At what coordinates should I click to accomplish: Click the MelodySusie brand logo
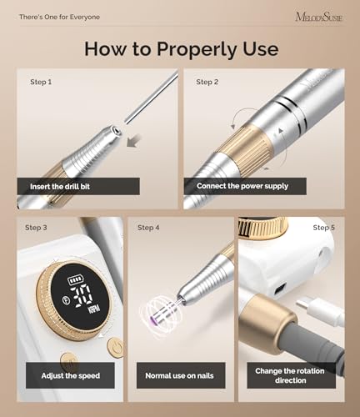pyautogui.click(x=319, y=17)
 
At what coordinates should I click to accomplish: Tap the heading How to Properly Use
pyautogui.click(x=182, y=49)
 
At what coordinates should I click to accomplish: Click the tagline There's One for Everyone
pyautogui.click(x=59, y=17)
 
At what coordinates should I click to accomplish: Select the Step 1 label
pyautogui.click(x=41, y=82)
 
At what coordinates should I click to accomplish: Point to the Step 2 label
pyautogui.click(x=207, y=82)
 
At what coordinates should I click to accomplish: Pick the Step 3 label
pyautogui.click(x=36, y=228)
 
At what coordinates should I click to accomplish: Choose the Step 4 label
pyautogui.click(x=148, y=228)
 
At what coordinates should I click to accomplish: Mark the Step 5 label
pyautogui.click(x=324, y=228)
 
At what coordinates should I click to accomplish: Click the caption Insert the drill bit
pyautogui.click(x=60, y=186)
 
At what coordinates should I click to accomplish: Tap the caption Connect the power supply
pyautogui.click(x=242, y=186)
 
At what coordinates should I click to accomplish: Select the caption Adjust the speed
pyautogui.click(x=71, y=376)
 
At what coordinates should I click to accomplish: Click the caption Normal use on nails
pyautogui.click(x=179, y=376)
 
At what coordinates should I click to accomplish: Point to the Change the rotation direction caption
pyautogui.click(x=290, y=375)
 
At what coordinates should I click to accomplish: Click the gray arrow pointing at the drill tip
pyautogui.click(x=134, y=141)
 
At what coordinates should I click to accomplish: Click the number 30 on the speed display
pyautogui.click(x=82, y=295)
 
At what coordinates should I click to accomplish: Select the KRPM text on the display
pyautogui.click(x=94, y=309)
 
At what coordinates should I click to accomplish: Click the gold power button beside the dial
pyautogui.click(x=115, y=347)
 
